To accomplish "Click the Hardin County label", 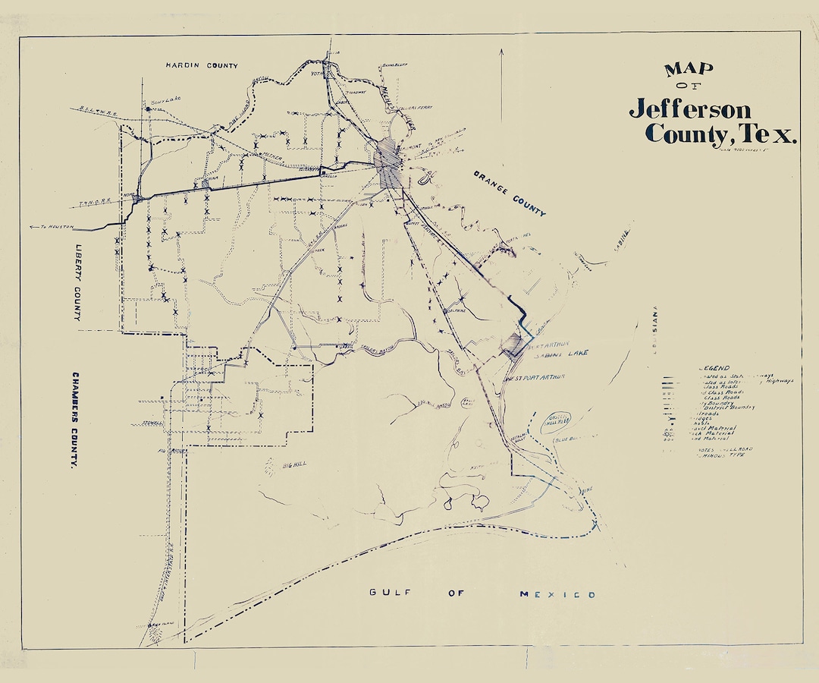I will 202,66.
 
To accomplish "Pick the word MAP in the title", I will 689,70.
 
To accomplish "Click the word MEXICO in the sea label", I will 557,594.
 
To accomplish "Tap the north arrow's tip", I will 501,50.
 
